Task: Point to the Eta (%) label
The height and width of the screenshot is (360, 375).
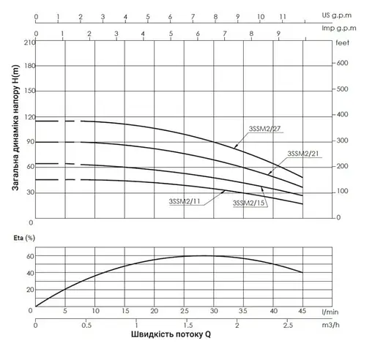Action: click(23, 239)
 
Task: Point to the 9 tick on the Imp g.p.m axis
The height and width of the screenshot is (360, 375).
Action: click(278, 33)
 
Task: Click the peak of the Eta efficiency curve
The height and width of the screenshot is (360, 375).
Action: click(209, 255)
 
